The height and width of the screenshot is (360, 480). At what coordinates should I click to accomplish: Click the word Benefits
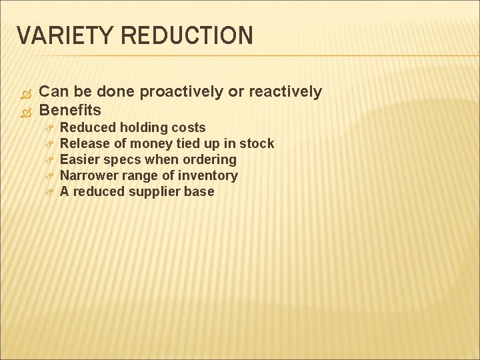70,110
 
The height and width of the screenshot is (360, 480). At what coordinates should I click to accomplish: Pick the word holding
145,127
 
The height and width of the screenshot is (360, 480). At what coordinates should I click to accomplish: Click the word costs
188,127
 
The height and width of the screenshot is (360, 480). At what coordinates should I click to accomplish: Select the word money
150,143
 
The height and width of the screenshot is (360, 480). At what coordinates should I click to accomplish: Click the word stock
257,143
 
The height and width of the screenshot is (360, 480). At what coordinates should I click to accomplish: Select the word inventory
209,176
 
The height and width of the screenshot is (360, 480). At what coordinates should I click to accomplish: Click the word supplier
159,192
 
